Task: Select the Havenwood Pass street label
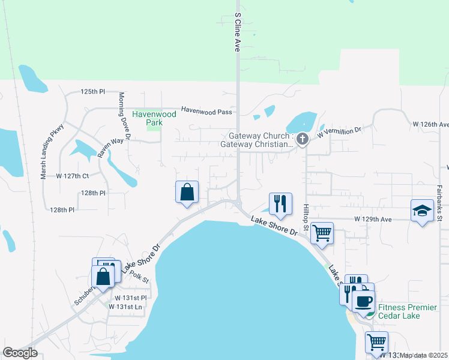206,110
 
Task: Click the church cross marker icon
303,140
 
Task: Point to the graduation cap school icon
422,211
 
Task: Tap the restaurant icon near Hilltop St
280,204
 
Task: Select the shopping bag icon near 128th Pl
187,193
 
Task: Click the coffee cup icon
364,300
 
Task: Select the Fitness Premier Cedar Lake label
408,312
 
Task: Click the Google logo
20,353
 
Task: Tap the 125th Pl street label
93,92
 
